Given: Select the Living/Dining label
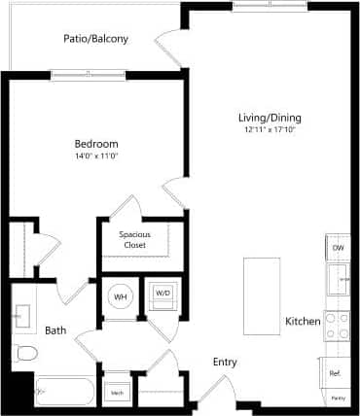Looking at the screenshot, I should pyautogui.click(x=266, y=119).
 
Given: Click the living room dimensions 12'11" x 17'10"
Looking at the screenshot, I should pyautogui.click(x=266, y=130).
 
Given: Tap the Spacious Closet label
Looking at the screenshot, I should pyautogui.click(x=134, y=240).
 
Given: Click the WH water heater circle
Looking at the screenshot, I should pyautogui.click(x=121, y=296).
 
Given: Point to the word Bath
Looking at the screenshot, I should pyautogui.click(x=54, y=330).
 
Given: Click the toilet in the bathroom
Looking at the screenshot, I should pyautogui.click(x=26, y=352).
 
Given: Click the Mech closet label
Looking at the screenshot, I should pyautogui.click(x=117, y=393).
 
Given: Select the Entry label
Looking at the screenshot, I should pyautogui.click(x=225, y=362).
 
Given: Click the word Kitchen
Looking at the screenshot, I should pyautogui.click(x=303, y=321).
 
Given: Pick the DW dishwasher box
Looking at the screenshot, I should pyautogui.click(x=338, y=248).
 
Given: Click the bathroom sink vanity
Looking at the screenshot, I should pyautogui.click(x=21, y=314).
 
